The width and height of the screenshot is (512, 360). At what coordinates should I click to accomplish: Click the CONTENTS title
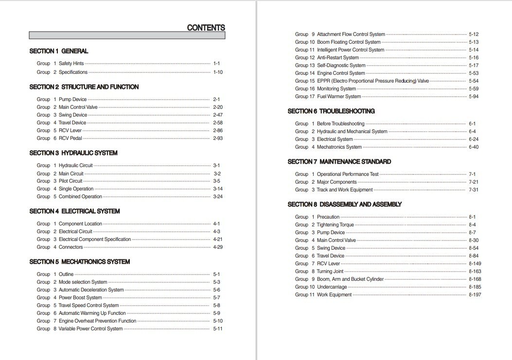[206, 28]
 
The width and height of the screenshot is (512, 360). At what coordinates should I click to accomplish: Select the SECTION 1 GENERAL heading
[59, 51]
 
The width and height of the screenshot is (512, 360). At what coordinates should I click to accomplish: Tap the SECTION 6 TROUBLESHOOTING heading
[331, 111]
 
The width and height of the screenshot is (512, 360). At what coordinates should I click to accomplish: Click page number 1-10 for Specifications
[218, 72]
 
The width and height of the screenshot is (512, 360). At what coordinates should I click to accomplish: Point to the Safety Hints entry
[71, 64]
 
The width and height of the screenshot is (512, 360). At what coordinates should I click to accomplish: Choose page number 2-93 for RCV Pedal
[218, 138]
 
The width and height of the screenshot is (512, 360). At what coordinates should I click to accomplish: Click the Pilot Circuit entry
[71, 181]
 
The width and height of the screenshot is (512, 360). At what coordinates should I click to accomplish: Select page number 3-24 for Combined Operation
[218, 197]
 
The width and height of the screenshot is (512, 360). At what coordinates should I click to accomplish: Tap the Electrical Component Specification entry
[95, 240]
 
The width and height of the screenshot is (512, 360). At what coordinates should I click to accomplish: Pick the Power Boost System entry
[80, 298]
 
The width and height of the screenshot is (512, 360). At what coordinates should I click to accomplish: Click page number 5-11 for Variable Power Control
[218, 329]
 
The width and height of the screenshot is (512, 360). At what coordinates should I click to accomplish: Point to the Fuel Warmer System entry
[339, 97]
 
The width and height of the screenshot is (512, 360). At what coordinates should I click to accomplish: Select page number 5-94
[474, 97]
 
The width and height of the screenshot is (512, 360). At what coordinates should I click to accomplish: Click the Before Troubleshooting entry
[340, 124]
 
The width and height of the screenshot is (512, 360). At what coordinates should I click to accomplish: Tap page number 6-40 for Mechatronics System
[474, 147]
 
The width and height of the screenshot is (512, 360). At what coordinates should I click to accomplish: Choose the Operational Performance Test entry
[348, 174]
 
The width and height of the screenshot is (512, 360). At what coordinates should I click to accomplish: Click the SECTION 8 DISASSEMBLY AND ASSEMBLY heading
[345, 205]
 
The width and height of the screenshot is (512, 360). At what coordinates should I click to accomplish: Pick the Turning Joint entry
[330, 272]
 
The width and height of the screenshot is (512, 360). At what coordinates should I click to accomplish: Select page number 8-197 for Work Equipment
[475, 295]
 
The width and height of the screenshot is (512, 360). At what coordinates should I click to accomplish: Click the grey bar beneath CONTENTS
[127, 35]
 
